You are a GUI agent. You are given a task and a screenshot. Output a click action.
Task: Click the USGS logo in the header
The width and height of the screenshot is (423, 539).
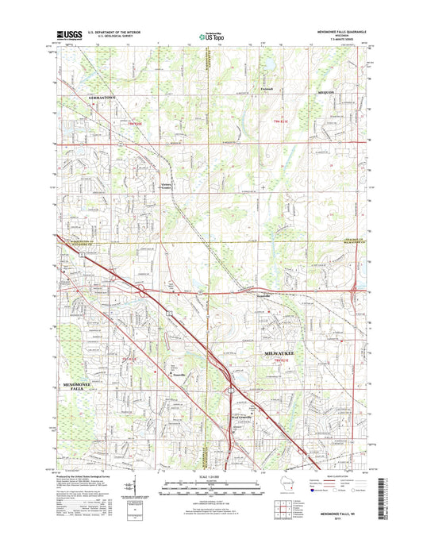tap(68, 35)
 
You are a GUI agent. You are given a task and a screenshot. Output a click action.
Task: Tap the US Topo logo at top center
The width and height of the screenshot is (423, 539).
tap(211, 36)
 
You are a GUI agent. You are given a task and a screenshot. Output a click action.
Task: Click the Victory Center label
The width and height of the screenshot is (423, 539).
tap(166, 187)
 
